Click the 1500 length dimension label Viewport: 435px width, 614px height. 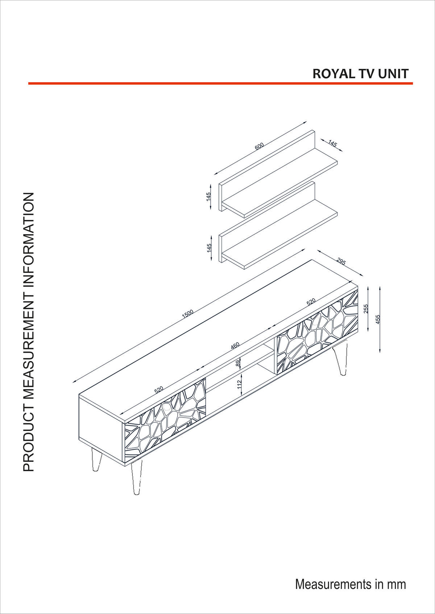188,314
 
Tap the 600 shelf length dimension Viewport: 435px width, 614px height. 259,146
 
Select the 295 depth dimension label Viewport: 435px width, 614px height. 341,261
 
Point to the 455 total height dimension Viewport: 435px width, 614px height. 378,319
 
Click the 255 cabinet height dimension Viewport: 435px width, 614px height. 366,308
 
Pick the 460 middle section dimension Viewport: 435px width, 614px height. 235,346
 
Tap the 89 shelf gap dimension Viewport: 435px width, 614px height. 238,364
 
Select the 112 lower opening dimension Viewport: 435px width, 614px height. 239,385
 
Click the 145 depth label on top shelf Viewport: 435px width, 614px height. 333,144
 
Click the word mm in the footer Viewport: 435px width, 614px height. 396,584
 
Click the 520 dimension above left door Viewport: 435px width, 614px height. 159,390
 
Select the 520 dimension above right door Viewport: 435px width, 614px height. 311,302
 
